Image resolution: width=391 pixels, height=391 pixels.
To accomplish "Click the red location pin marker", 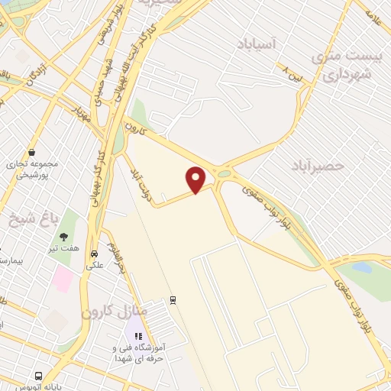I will tap(196, 179).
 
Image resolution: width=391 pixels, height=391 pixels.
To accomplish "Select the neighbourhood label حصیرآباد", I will tap(318, 165).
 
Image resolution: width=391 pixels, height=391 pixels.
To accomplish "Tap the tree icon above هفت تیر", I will tap(64, 237).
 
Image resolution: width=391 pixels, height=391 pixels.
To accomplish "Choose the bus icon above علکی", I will tap(94, 254).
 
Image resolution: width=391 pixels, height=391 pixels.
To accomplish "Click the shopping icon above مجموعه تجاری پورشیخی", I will tap(31, 152).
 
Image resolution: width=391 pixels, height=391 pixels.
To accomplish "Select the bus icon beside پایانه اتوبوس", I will tap(38, 376).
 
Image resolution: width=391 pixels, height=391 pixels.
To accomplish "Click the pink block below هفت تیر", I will tap(62, 280).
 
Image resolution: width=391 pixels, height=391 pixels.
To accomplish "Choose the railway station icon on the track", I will tap(173, 299).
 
